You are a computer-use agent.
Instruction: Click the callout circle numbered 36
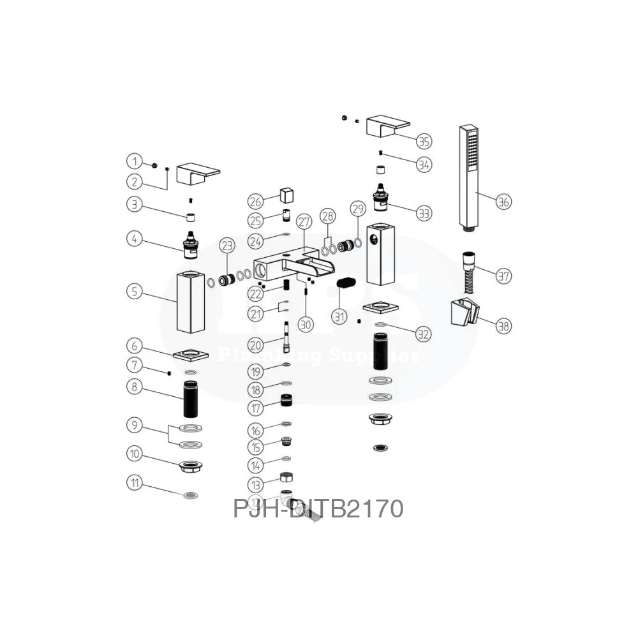(x=504, y=202)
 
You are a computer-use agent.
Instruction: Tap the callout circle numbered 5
(x=133, y=292)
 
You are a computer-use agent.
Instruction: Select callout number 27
(x=304, y=223)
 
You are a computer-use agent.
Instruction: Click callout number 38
(x=504, y=326)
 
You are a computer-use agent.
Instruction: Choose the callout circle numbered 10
(x=134, y=454)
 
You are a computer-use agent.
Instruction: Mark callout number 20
(x=256, y=345)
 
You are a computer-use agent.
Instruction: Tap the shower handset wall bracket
(x=464, y=311)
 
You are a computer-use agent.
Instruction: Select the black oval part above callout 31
(x=348, y=282)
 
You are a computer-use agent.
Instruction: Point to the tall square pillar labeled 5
(x=190, y=302)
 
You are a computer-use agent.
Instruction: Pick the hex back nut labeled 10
(x=191, y=466)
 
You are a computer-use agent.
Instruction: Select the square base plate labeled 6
(x=191, y=354)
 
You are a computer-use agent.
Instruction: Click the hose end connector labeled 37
(x=469, y=262)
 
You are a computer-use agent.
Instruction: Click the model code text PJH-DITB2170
(x=318, y=509)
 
